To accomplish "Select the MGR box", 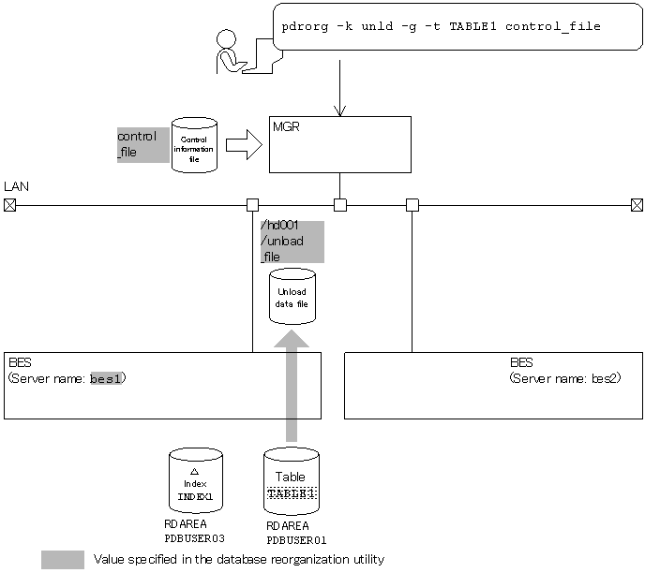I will [339, 144].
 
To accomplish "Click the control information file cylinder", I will [194, 145].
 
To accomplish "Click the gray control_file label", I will [142, 145].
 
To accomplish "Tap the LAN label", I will [16, 186].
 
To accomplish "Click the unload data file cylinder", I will [292, 297].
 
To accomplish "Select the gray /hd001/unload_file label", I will [292, 242].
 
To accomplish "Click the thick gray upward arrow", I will [292, 384].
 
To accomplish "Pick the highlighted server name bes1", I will [106, 379].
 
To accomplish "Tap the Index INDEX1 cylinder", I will [195, 480].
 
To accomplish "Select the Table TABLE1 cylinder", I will [291, 480].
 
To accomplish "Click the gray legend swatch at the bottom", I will [63, 560].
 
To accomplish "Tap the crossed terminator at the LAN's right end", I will [637, 205].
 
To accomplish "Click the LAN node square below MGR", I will [339, 205].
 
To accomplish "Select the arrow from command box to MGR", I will [339, 88].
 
